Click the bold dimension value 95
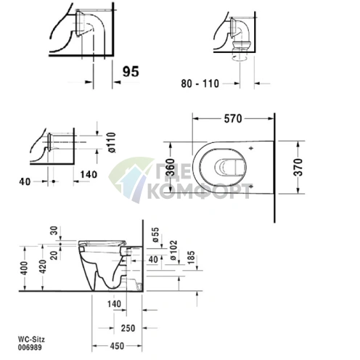pyautogui.click(x=131, y=71)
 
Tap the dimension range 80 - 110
pyautogui.click(x=200, y=83)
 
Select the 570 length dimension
pyautogui.click(x=233, y=119)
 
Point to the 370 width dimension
pyautogui.click(x=299, y=167)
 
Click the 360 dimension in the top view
pyautogui.click(x=171, y=167)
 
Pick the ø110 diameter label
pyautogui.click(x=112, y=142)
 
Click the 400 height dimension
pyautogui.click(x=25, y=268)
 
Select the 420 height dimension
pyautogui.click(x=43, y=266)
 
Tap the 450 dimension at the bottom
pyautogui.click(x=117, y=346)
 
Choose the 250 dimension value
pyautogui.click(x=128, y=328)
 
